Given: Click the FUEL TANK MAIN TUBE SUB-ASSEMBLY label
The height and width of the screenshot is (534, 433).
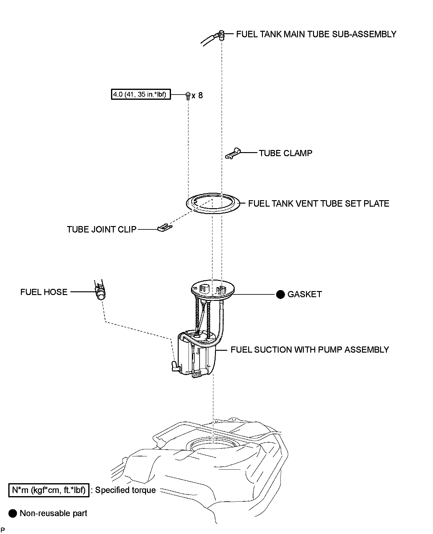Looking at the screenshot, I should pos(316,34).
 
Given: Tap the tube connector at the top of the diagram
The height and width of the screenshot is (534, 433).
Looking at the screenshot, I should pos(220,35).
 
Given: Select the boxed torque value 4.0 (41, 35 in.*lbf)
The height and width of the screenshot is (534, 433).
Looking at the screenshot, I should pos(141,94).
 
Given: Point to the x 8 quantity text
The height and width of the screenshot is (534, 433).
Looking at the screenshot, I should pos(197,95).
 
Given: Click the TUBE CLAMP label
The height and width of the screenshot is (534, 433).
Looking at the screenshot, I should pos(285,153).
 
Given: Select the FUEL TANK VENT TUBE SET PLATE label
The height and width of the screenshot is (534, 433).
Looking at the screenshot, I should pos(319,204).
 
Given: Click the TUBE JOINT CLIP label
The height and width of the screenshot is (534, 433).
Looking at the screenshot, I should pos(101,229).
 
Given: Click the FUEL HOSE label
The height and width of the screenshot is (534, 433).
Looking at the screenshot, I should pos(44,292).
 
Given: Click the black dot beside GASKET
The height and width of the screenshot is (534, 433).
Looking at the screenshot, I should pos(280,294).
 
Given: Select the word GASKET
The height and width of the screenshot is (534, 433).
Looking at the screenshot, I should pos(304,294).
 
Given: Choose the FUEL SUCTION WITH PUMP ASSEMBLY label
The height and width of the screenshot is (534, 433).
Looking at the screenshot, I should pos(310,350).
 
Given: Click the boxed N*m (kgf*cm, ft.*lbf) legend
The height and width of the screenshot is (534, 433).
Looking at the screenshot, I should pos(49,490).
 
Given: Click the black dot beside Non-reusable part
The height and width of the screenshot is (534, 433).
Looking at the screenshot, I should pos(13,513).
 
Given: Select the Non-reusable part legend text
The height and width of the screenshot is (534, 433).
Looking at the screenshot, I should pos(54,513).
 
